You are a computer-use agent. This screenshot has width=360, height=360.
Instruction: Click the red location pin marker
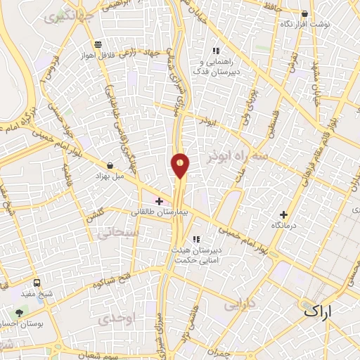click(181, 166)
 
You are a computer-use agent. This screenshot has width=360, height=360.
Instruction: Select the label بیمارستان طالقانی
click(155, 212)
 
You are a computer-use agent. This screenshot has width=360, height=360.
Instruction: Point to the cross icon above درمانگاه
click(284, 214)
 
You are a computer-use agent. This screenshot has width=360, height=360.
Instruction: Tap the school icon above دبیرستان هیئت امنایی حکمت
click(196, 240)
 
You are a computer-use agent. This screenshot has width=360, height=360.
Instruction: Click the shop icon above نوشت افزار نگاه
click(304, 13)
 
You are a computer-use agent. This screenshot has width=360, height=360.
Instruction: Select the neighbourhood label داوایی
click(239, 304)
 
